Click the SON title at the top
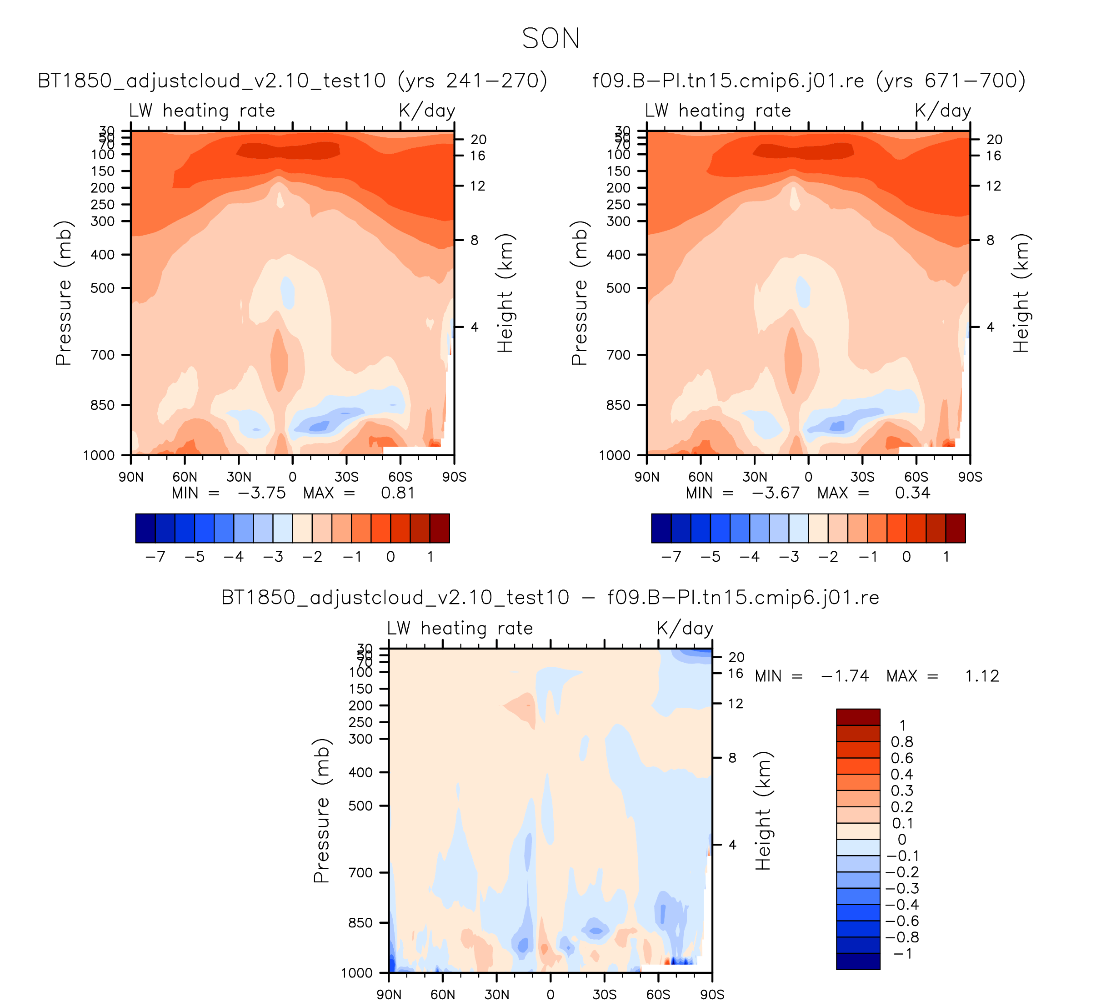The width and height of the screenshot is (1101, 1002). point(550,39)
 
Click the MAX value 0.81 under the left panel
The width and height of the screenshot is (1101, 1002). point(398,493)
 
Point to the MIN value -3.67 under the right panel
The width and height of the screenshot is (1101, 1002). point(776,493)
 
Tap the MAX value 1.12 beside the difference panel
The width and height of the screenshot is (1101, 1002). point(982,676)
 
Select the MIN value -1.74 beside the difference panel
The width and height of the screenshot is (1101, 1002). point(845,676)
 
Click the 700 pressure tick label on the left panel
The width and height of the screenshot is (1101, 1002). point(103,355)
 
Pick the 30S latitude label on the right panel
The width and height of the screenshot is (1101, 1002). point(862,477)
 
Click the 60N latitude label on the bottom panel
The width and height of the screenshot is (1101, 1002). point(442,994)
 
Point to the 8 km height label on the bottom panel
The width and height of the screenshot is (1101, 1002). point(732,758)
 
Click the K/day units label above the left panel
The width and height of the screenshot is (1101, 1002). point(426,111)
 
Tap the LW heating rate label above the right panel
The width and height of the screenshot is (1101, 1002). point(718,111)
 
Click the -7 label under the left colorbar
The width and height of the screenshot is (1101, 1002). point(155,557)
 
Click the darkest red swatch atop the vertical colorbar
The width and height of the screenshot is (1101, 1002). point(858,716)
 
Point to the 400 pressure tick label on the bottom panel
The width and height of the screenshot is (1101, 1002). point(361,772)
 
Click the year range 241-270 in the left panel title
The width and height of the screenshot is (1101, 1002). point(472,81)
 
